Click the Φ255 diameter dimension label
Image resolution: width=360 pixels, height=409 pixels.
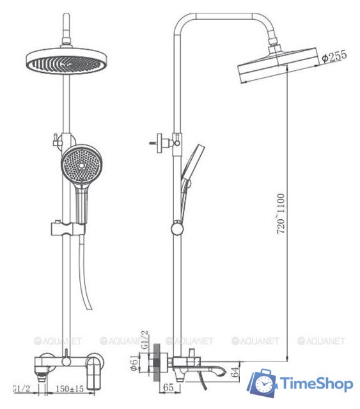point(334,56)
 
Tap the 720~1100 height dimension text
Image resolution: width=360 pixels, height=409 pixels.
point(281,213)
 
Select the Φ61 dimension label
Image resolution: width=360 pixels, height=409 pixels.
point(134,362)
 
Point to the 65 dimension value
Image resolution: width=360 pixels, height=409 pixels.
point(168,387)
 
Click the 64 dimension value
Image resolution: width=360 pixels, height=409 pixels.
point(235,372)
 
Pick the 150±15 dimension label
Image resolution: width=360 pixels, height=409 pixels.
point(70,389)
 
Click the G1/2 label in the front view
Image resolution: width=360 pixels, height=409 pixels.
point(22,389)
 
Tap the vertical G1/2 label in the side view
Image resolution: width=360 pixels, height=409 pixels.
point(145,339)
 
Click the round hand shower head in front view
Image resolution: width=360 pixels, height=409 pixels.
point(82,165)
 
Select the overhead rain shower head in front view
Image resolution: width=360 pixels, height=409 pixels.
point(67,61)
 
